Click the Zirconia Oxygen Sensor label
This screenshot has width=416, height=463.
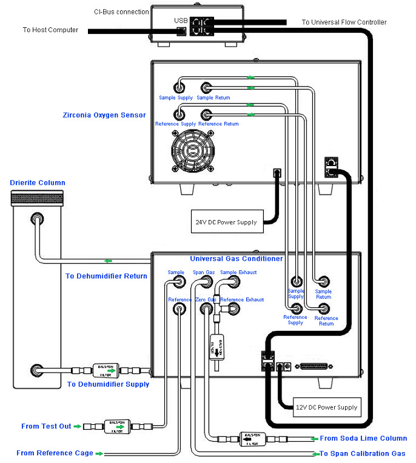[104, 115]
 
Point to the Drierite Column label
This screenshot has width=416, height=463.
[38, 182]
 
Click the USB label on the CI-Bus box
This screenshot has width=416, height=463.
[181, 21]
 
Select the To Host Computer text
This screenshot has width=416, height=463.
[50, 30]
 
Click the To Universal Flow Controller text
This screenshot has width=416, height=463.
[344, 22]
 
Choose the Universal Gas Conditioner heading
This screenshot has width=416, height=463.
[236, 259]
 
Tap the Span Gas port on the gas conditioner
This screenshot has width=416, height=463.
[205, 283]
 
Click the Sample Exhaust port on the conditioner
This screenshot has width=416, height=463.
[233, 283]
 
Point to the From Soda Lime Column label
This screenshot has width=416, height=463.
[363, 438]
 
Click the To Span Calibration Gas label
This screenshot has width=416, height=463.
[362, 453]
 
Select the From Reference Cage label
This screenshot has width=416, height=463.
[55, 453]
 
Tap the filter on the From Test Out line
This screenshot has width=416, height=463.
[116, 427]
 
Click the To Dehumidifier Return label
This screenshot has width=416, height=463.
[106, 276]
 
